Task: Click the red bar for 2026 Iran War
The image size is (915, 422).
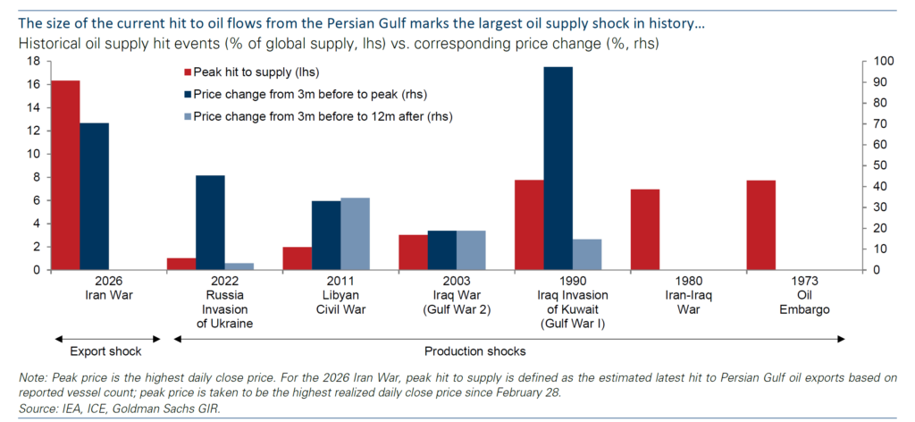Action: click(x=65, y=175)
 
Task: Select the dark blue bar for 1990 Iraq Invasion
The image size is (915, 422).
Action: click(x=558, y=169)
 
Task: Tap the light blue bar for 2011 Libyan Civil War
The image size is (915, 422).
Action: click(x=355, y=234)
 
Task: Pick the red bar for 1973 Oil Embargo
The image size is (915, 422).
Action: click(x=761, y=225)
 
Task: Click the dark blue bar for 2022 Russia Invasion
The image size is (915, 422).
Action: click(x=210, y=223)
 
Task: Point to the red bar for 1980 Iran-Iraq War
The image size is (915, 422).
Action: click(x=645, y=230)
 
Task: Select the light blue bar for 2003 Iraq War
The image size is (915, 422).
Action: click(x=471, y=250)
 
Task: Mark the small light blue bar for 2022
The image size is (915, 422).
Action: click(x=239, y=266)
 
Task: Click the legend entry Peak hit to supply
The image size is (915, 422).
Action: click(x=252, y=72)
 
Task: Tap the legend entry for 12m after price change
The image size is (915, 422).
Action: click(x=319, y=116)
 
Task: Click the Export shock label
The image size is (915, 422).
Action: click(x=105, y=352)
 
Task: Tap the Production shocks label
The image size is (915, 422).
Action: click(x=475, y=352)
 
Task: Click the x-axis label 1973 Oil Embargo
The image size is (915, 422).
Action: click(x=804, y=295)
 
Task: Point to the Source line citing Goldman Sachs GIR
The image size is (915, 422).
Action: click(x=120, y=409)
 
